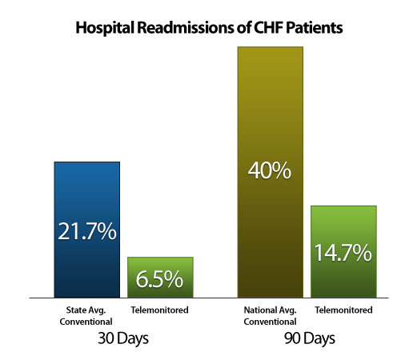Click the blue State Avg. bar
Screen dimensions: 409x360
click(87, 230)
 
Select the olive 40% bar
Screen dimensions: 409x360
click(271, 172)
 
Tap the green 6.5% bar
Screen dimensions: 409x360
click(160, 278)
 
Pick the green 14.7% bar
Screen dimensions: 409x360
click(343, 251)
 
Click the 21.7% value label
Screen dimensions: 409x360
click(87, 231)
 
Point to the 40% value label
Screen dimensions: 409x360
click(270, 170)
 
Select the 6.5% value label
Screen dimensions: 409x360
click(159, 279)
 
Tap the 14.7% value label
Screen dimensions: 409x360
click(343, 253)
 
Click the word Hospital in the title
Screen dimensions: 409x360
click(105, 28)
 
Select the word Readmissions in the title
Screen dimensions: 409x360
click(186, 27)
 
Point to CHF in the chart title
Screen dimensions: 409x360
click(268, 27)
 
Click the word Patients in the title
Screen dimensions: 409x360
click(315, 27)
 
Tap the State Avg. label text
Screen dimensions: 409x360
click(86, 310)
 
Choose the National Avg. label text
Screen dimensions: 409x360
click(271, 310)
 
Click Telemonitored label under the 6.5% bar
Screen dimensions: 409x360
click(159, 310)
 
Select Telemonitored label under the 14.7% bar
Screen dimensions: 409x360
click(343, 310)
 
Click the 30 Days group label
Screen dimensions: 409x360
click(123, 338)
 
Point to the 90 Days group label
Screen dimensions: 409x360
click(310, 338)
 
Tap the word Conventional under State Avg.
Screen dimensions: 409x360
click(86, 322)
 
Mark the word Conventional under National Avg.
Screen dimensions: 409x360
click(270, 322)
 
